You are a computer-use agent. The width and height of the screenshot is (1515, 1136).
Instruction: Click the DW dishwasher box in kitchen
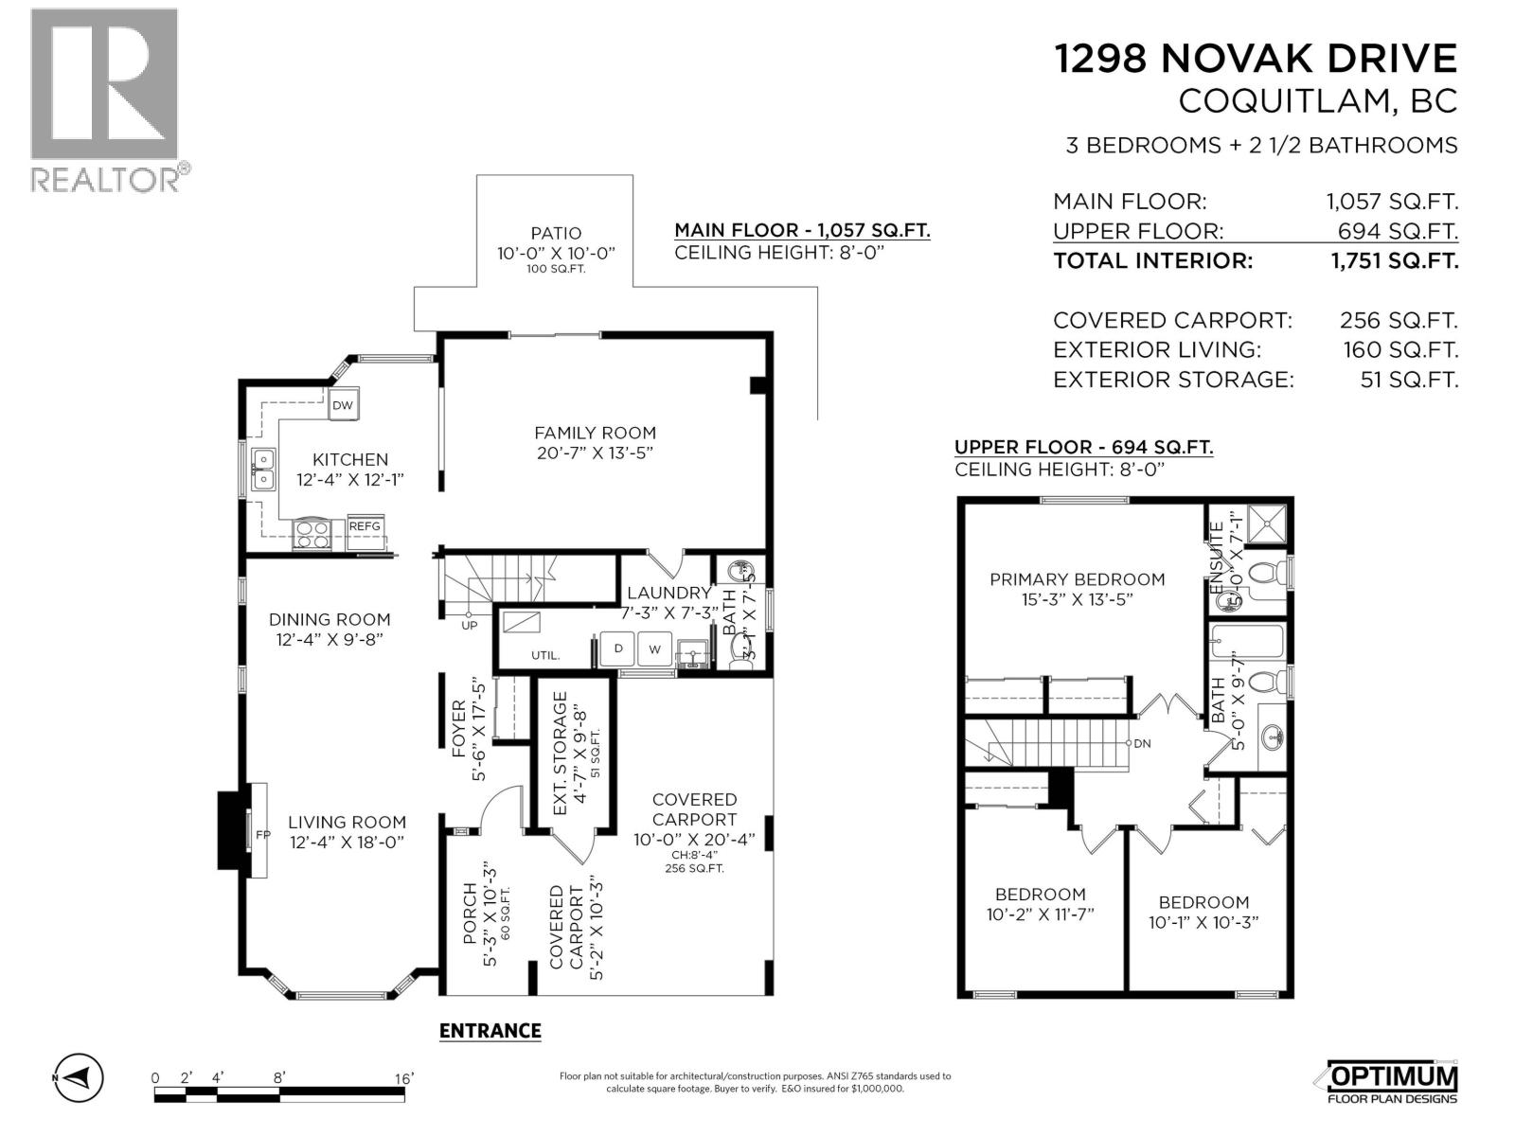343,405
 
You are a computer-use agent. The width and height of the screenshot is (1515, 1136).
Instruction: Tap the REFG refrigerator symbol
365,526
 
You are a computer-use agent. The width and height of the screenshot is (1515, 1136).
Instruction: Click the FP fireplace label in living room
262,835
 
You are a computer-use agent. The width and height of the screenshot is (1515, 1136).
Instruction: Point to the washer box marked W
654,649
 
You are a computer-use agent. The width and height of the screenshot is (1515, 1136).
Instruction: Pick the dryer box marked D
618,649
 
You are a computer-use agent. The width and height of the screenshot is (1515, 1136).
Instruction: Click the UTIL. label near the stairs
544,655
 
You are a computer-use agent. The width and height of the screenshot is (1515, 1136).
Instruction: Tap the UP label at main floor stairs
469,625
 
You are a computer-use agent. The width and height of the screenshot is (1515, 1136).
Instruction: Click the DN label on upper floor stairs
1142,743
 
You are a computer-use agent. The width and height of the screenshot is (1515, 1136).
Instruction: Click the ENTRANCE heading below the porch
490,1031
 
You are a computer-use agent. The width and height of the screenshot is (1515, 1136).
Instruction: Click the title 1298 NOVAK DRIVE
1256,59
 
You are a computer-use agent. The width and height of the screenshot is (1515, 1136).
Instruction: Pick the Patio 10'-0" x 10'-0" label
556,243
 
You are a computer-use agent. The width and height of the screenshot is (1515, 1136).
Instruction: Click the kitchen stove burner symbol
312,535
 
